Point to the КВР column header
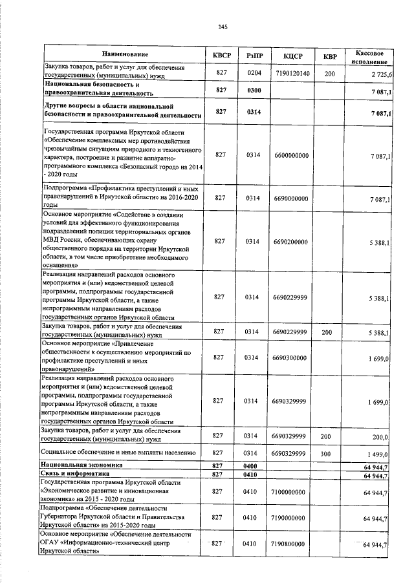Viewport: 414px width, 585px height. pos(330,56)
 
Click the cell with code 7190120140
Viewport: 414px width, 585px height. pos(292,74)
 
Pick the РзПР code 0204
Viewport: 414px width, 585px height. pos(254,74)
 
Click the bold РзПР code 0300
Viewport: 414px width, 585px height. pos(254,90)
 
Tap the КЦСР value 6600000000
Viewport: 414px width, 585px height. pos(292,155)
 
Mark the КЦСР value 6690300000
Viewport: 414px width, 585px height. pos(292,357)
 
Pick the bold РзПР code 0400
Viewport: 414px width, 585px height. pos(254,466)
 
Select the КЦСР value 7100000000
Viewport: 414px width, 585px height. pos(292,492)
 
